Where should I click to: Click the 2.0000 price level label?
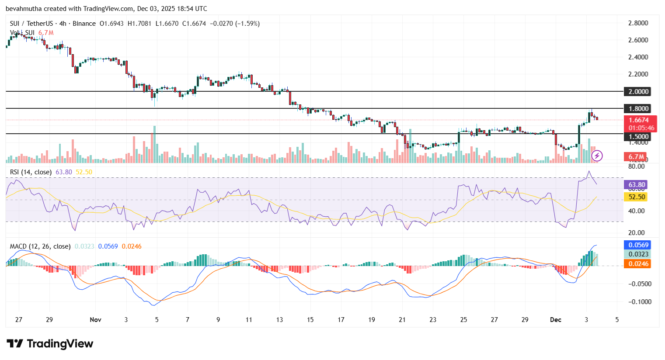tap(638, 91)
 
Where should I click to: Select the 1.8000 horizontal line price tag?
tap(638, 108)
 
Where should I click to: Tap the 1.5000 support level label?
tap(638, 136)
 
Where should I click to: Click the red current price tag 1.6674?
tap(638, 120)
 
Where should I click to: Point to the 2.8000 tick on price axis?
tap(638, 23)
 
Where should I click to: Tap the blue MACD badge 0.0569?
tap(638, 245)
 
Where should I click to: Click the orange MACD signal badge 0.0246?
tap(638, 264)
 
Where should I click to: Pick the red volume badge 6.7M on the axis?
tap(636, 157)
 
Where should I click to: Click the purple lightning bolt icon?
tap(597, 156)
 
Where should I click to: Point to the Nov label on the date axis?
tap(95, 320)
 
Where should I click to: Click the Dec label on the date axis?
tap(555, 320)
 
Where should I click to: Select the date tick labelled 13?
tap(279, 320)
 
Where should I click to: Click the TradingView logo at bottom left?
tap(50, 344)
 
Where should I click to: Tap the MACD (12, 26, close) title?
tap(40, 246)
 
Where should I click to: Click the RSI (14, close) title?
tap(31, 172)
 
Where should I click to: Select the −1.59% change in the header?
tap(247, 24)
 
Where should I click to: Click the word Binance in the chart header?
tap(84, 24)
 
